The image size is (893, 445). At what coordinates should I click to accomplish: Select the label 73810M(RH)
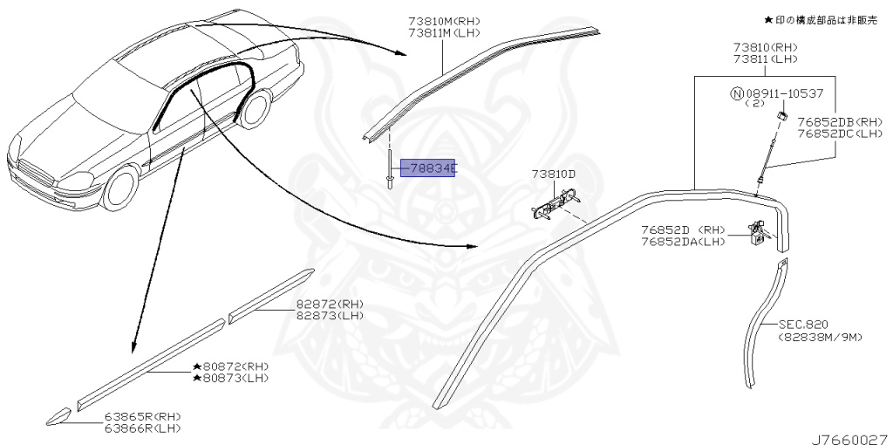445,21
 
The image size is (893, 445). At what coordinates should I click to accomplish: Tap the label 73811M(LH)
445,33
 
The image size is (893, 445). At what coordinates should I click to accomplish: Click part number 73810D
554,175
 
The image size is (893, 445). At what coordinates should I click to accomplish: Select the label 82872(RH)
329,304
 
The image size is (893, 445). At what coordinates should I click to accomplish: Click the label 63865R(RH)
143,416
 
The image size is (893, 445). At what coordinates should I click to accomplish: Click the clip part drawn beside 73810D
548,207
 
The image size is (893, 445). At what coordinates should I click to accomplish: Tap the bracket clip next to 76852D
758,234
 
